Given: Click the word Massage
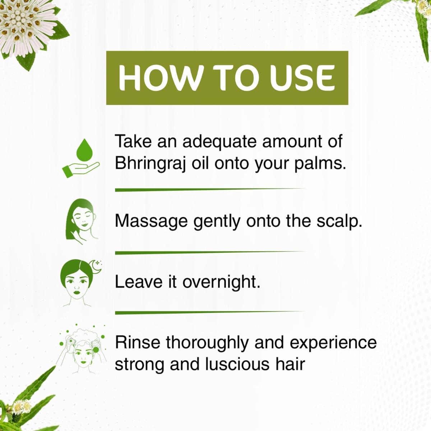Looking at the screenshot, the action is (151, 222).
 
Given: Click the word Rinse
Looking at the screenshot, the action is (138, 343).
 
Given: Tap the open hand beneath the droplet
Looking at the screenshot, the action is (80, 169).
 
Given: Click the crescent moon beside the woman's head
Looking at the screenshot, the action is (95, 266).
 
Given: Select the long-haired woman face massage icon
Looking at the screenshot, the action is (82, 222).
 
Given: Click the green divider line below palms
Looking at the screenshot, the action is (210, 190).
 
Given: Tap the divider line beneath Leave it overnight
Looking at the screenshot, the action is (210, 312).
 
